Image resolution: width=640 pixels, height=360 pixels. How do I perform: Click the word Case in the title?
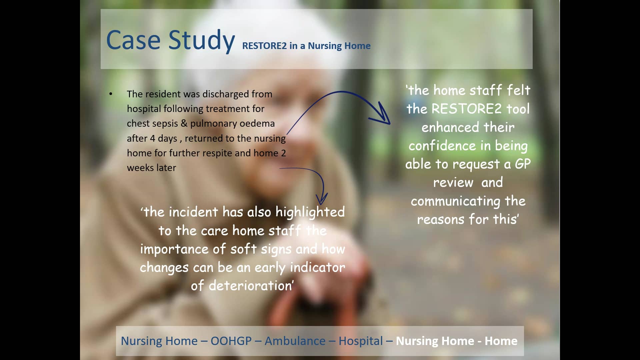point(133,40)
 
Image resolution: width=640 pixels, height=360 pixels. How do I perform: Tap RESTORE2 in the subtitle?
point(264,46)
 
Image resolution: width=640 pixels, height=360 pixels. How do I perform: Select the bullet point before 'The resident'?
point(111,94)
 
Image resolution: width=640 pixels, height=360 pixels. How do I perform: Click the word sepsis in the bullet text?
point(164,124)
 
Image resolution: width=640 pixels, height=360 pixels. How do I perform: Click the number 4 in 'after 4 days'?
point(152,138)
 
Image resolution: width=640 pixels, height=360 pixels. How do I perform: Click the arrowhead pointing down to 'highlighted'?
point(321,199)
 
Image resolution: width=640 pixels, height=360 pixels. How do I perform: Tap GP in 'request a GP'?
point(522,164)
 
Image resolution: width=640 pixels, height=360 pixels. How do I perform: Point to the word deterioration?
point(250,286)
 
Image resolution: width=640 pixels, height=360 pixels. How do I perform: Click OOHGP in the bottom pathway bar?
point(231,341)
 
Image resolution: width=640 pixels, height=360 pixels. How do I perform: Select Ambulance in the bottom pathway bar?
point(295,341)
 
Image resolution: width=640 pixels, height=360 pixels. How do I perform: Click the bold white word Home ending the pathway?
point(501,341)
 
